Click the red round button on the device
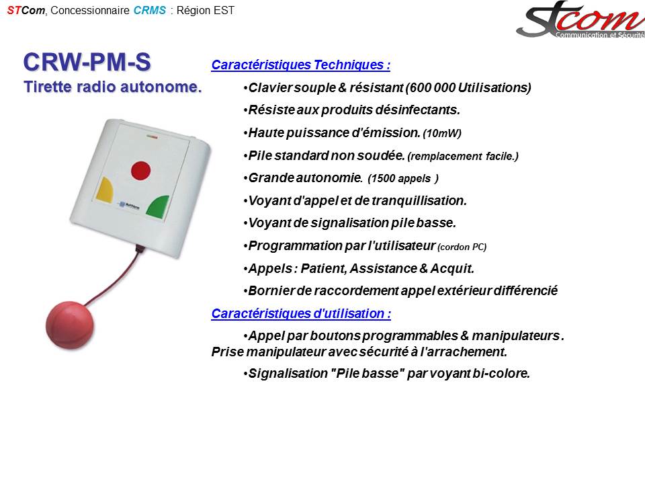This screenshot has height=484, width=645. click(140, 171)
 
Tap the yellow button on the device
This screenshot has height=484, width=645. click(105, 190)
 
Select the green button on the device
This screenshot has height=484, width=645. click(159, 207)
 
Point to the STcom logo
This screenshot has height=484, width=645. click(580, 19)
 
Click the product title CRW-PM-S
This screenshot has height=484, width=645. click(87, 62)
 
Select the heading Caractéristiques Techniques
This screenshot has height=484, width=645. click(301, 65)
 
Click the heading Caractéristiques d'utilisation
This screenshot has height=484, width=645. click(301, 314)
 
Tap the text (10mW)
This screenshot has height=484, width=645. click(442, 133)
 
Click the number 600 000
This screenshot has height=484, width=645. click(432, 87)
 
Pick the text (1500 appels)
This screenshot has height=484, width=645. click(403, 179)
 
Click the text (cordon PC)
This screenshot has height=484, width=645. click(462, 247)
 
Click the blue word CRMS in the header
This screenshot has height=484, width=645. click(150, 10)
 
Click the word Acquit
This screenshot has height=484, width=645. click(452, 269)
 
